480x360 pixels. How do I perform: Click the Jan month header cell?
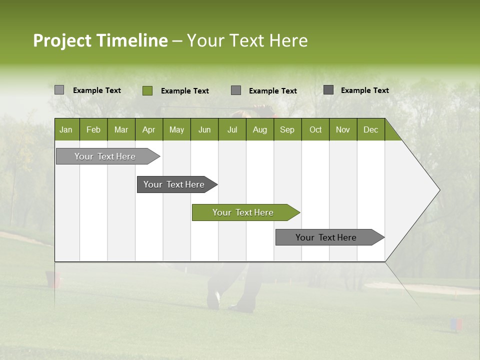(x=66, y=129)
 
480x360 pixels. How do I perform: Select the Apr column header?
(x=148, y=129)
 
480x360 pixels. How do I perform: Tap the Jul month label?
(x=232, y=129)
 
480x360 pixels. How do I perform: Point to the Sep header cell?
(x=287, y=129)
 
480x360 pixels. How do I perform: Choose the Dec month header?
(x=370, y=129)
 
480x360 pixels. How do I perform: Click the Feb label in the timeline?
(x=93, y=129)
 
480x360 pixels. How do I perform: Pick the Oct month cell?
(x=315, y=129)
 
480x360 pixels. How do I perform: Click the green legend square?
(x=147, y=90)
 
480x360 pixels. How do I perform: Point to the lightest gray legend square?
(x=59, y=90)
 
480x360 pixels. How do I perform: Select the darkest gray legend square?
(x=328, y=90)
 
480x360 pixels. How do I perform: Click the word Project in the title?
(x=62, y=40)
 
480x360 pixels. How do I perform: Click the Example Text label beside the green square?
(x=184, y=90)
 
